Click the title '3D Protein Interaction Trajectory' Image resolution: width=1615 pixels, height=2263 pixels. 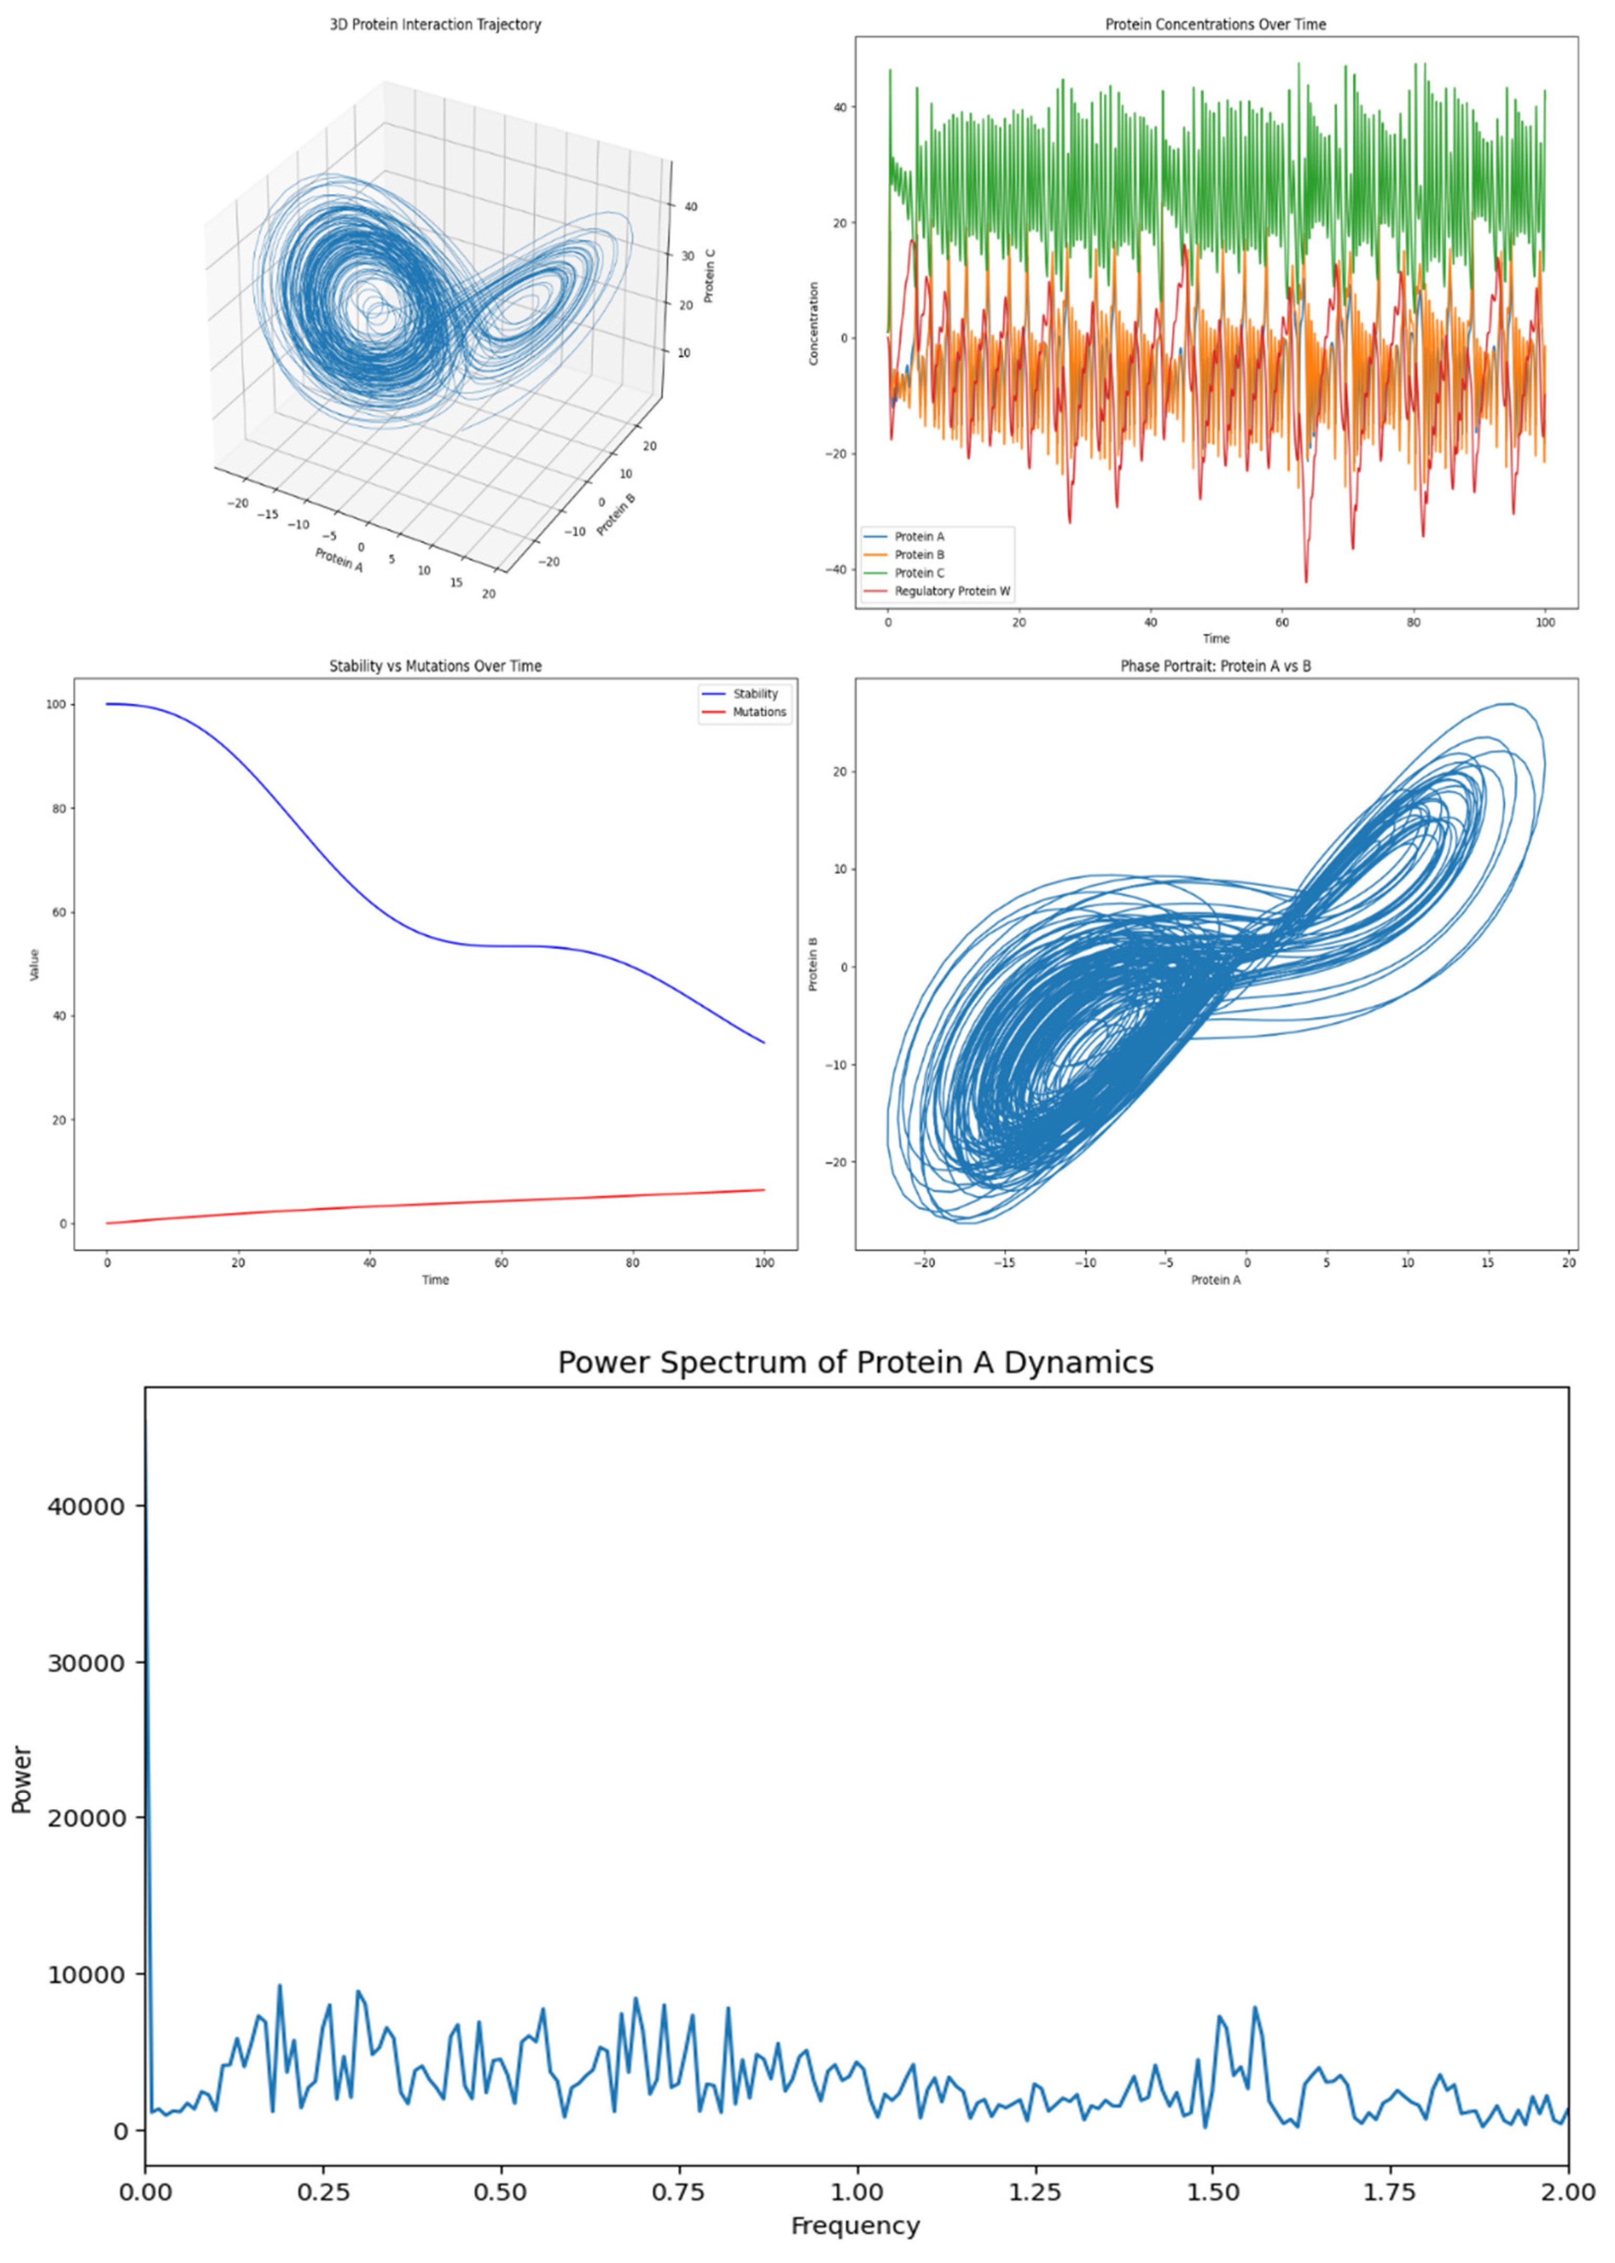(x=435, y=25)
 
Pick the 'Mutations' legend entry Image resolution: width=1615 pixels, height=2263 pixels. (x=759, y=712)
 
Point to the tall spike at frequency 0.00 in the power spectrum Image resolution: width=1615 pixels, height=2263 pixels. (x=146, y=1492)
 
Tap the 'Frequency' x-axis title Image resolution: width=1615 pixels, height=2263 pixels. (x=855, y=2225)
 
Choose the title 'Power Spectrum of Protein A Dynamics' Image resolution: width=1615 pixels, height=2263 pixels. (x=855, y=1362)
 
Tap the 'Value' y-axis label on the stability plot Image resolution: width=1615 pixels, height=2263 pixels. (x=35, y=965)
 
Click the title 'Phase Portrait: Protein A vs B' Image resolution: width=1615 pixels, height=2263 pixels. (x=1215, y=666)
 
